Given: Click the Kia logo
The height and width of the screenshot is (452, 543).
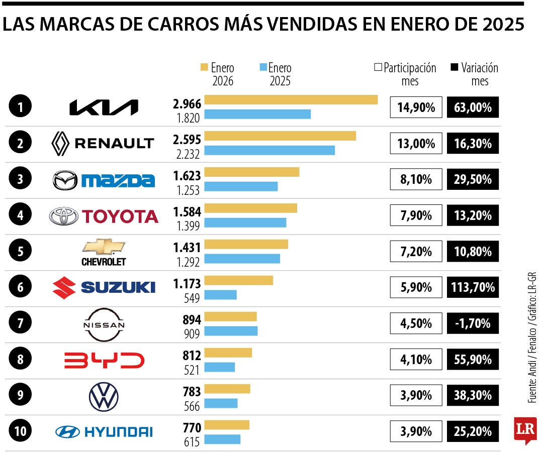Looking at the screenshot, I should click(104, 107).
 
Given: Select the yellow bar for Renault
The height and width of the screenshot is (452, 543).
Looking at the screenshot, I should click(280, 136).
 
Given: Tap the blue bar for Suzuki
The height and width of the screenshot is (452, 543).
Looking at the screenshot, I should click(220, 295).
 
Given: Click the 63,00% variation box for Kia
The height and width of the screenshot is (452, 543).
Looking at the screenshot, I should click(473, 107).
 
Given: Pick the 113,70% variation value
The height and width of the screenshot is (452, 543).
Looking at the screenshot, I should click(473, 287).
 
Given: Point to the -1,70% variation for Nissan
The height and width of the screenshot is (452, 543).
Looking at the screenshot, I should click(473, 323).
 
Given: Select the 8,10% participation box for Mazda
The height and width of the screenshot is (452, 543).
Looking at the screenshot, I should click(416, 179).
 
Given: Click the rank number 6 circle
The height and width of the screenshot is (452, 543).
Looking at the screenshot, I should click(20, 287).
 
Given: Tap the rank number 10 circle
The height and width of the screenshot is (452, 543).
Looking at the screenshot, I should click(20, 430).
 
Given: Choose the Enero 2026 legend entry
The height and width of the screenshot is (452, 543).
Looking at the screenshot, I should click(218, 74).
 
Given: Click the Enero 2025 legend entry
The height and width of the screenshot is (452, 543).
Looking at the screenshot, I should click(275, 74).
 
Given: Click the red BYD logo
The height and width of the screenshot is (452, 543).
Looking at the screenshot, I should click(104, 360).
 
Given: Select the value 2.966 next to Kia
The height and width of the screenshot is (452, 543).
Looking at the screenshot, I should click(187, 104).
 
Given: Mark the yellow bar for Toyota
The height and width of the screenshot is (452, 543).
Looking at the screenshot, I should click(250, 208).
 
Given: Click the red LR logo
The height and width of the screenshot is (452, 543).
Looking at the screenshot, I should click(525, 430).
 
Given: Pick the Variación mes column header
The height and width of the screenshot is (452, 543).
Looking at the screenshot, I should click(475, 74).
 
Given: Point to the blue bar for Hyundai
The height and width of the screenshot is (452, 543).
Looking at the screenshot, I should click(222, 439).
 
